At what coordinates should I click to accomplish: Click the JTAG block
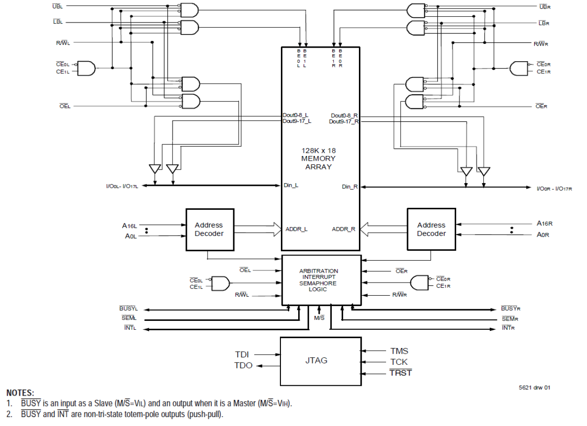(321, 361)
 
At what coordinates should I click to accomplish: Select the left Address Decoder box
(209, 229)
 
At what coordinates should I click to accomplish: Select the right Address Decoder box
(431, 229)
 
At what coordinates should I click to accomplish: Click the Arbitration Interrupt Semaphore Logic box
(321, 280)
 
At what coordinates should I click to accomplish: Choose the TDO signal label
(243, 366)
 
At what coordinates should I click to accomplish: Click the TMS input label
(399, 351)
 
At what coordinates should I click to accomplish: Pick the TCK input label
(399, 362)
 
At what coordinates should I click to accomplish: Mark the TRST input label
(401, 373)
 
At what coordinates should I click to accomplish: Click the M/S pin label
(319, 318)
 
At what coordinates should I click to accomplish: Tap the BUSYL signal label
(129, 309)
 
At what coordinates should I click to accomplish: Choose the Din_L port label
(291, 185)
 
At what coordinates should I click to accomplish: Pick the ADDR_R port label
(344, 229)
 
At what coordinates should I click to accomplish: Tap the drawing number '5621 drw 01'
(534, 387)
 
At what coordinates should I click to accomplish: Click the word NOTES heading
(20, 393)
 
